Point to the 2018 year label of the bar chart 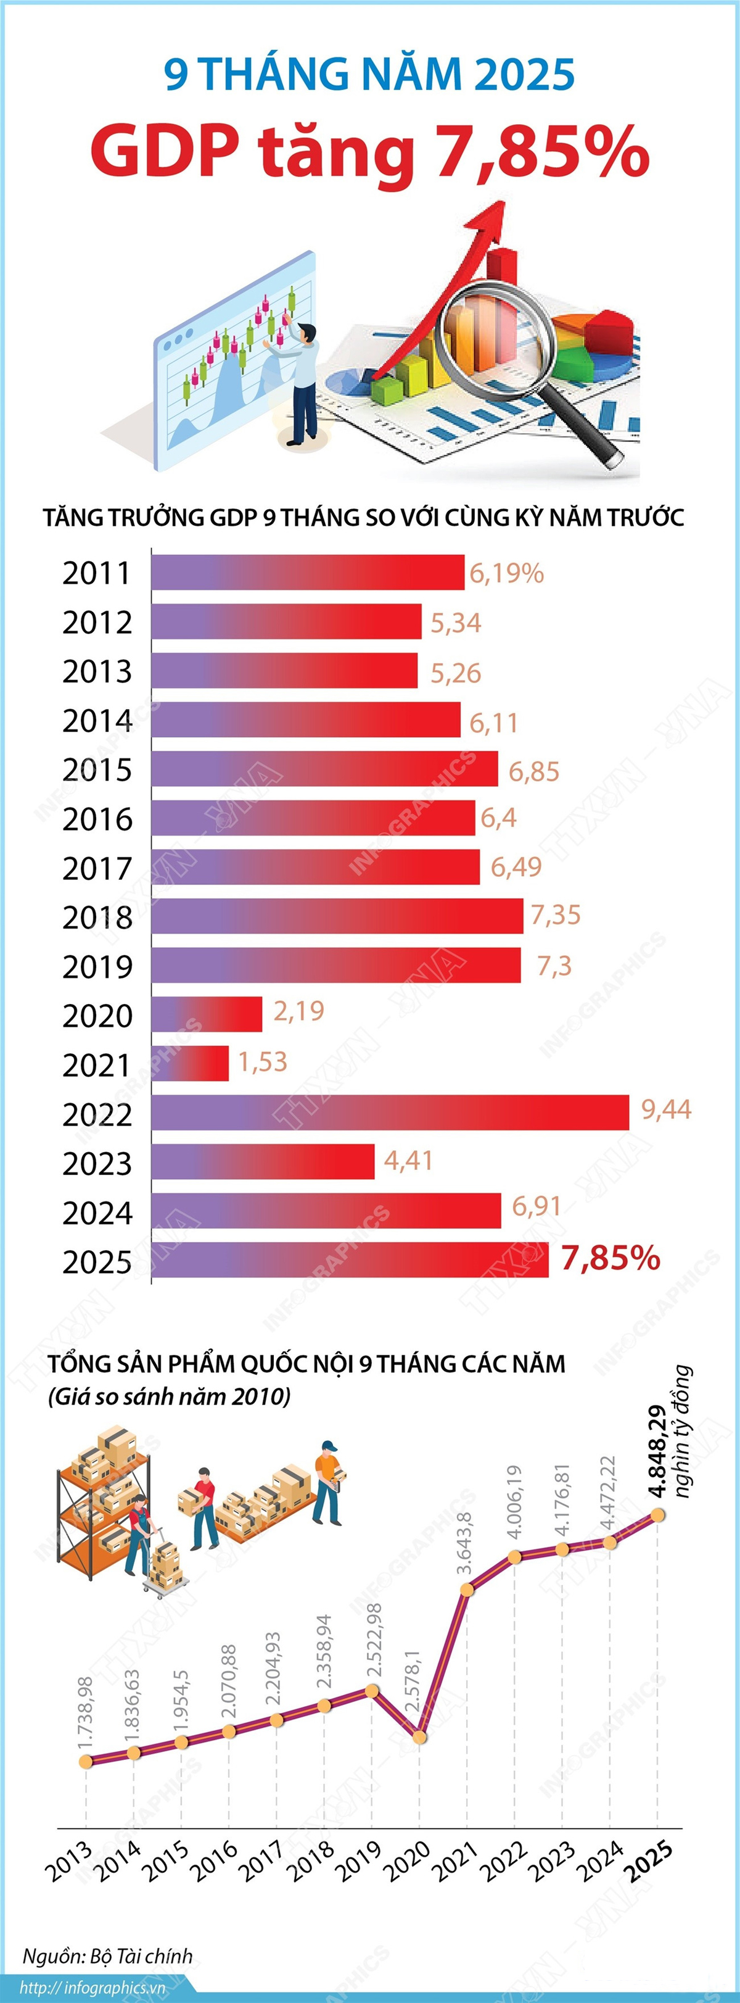tap(97, 918)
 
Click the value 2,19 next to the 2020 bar tap(298, 1011)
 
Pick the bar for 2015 tap(325, 769)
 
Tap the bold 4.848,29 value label tap(657, 1451)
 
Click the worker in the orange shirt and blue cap tap(328, 1483)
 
